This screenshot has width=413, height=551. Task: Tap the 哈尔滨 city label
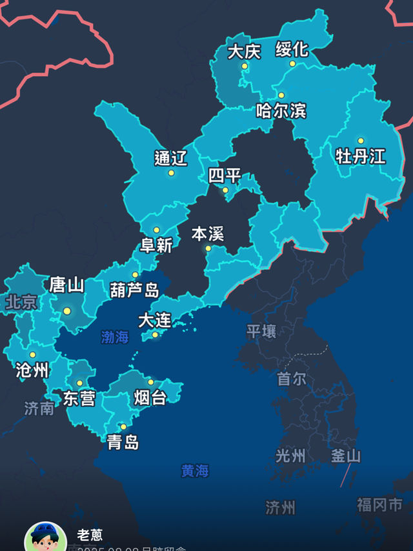coord(281,110)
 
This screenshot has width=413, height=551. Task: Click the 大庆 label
coord(244,52)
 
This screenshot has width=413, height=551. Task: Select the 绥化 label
coord(292,49)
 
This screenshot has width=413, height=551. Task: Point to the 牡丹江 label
coord(360,155)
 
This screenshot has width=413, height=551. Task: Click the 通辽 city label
coord(171,158)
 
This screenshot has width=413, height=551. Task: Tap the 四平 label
coord(225,175)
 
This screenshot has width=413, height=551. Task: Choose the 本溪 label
coord(208,234)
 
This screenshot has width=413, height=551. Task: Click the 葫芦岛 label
coord(134,290)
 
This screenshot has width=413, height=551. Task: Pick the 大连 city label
coord(155,320)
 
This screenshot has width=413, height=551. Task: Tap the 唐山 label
coord(67,285)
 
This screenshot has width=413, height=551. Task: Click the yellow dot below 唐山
coord(67,311)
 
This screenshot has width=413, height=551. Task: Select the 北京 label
coord(22,302)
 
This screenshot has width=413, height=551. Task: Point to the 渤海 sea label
coord(115,337)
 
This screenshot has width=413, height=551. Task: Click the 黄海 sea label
coord(195,471)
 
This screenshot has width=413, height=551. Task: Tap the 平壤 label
coord(261,332)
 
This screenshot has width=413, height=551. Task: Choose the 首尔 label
coord(292,379)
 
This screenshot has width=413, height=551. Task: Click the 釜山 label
coord(346,456)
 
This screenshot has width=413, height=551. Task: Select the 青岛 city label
coord(123,443)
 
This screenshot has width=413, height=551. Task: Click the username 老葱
coord(90,535)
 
